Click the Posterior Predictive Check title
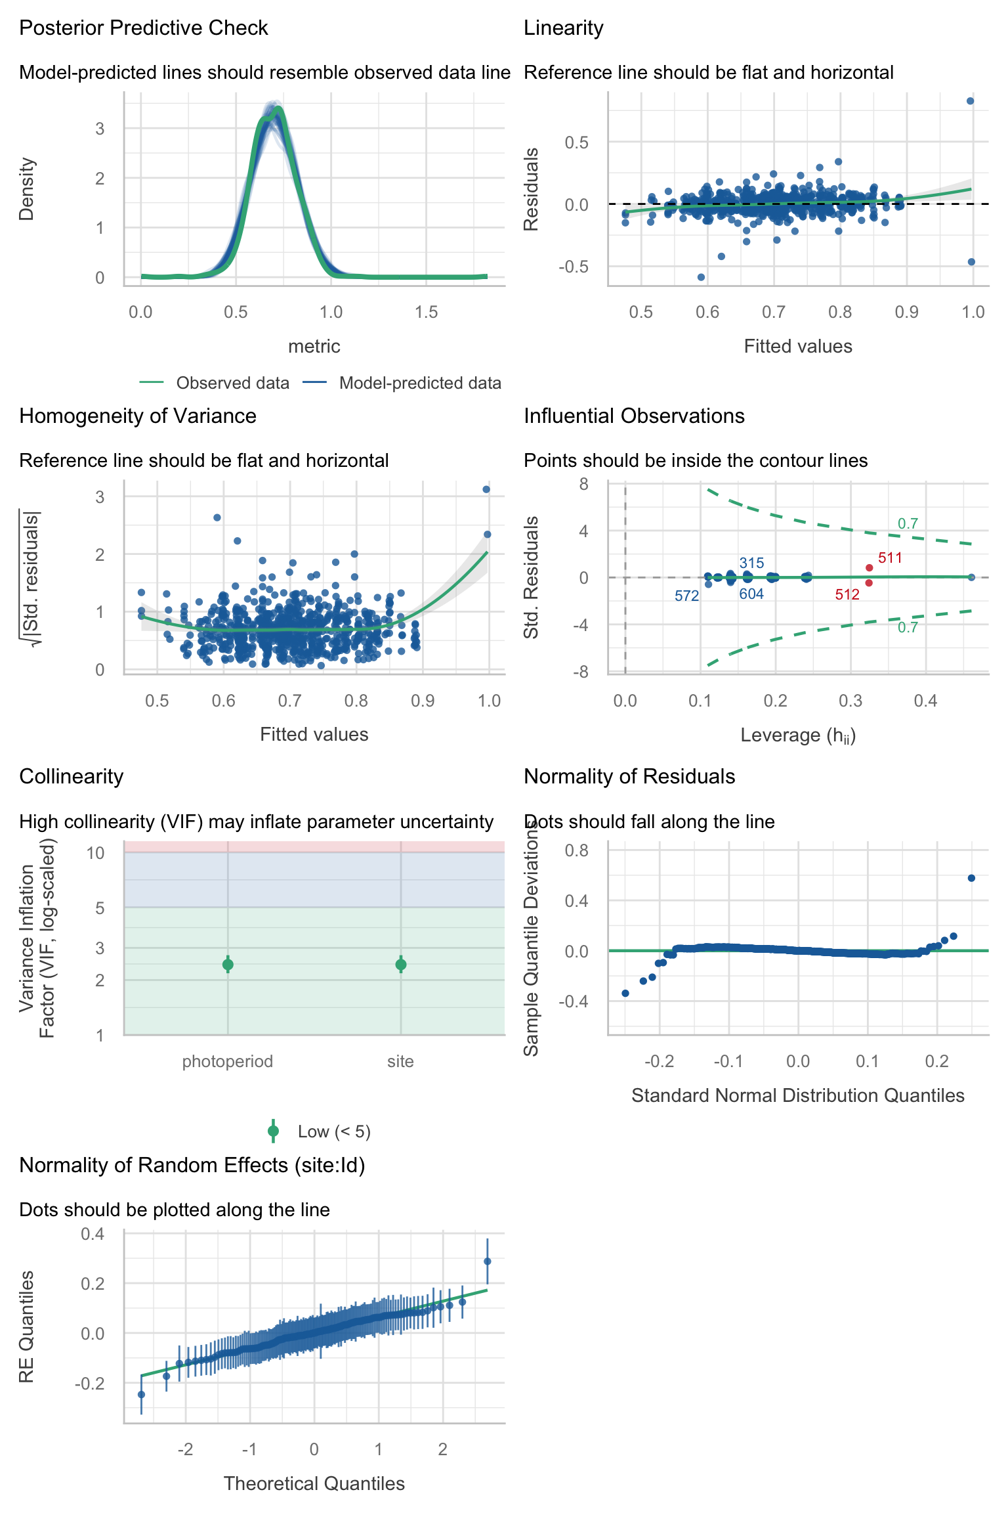[143, 28]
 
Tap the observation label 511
[890, 558]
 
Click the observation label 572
[686, 596]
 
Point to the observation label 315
[751, 563]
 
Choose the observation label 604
[751, 594]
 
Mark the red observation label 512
[847, 595]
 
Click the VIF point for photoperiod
[228, 964]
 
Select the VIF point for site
[401, 964]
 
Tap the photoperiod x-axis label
[228, 1061]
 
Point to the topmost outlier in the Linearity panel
[970, 101]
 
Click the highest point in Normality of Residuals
[971, 878]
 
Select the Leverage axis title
[798, 735]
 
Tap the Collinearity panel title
[72, 777]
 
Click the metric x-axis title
[314, 346]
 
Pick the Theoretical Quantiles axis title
[314, 1483]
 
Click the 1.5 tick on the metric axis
[426, 312]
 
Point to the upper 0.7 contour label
[908, 523]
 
